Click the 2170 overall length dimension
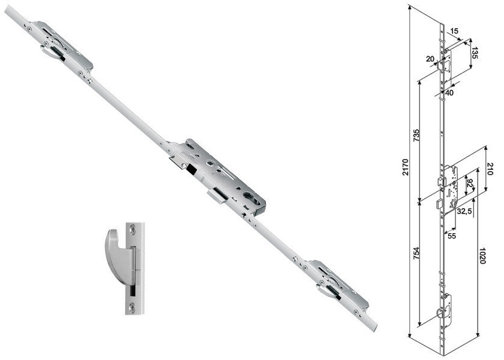(406, 167)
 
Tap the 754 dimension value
(416, 254)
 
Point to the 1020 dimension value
(482, 255)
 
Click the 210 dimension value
(490, 169)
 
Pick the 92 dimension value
(470, 184)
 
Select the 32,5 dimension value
(464, 211)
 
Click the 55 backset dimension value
(452, 236)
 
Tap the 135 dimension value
(475, 53)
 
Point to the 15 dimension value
(454, 31)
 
